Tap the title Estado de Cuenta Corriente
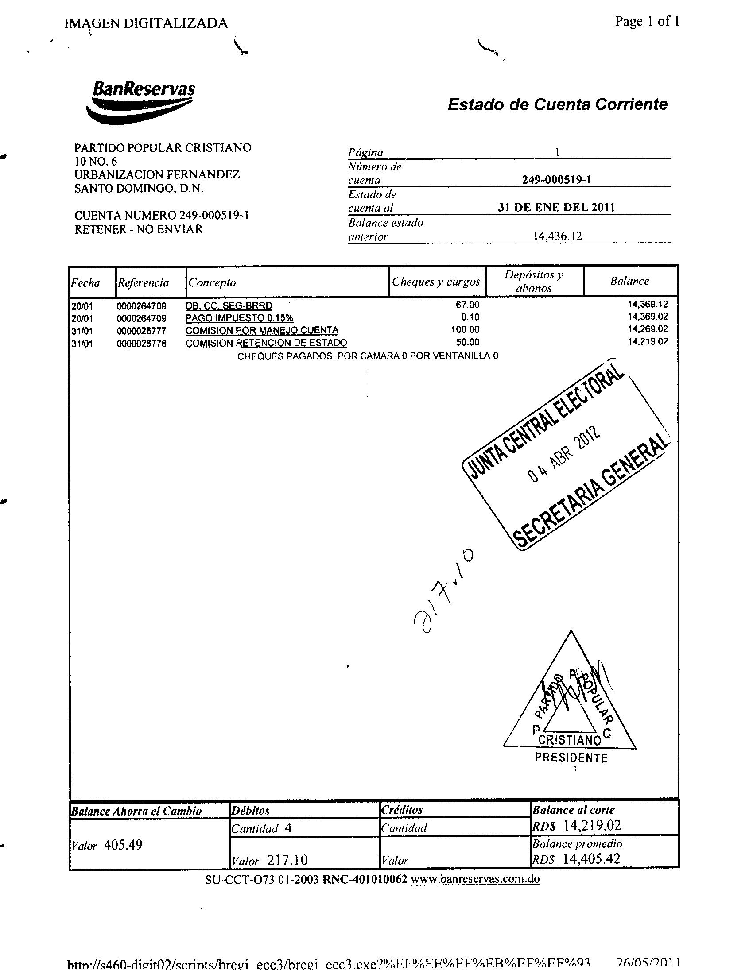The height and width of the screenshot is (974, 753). [557, 104]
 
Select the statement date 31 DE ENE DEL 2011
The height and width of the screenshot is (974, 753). [556, 207]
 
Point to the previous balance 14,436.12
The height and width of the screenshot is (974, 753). [558, 236]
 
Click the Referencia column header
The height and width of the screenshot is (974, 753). [143, 283]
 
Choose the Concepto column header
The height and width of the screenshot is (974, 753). [212, 283]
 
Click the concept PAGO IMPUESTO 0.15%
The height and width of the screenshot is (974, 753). [239, 318]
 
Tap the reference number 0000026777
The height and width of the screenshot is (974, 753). [141, 331]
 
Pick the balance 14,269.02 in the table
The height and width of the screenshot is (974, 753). [647, 329]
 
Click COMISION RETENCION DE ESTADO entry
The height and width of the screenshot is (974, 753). [266, 343]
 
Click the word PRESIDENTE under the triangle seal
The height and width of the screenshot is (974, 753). [571, 758]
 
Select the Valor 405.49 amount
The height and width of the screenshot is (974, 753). [123, 845]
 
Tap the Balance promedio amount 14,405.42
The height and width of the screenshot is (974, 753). [591, 858]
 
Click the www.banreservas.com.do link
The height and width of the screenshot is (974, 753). [475, 879]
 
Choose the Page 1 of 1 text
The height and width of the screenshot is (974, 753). [647, 21]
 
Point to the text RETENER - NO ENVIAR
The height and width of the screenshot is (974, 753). [138, 229]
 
